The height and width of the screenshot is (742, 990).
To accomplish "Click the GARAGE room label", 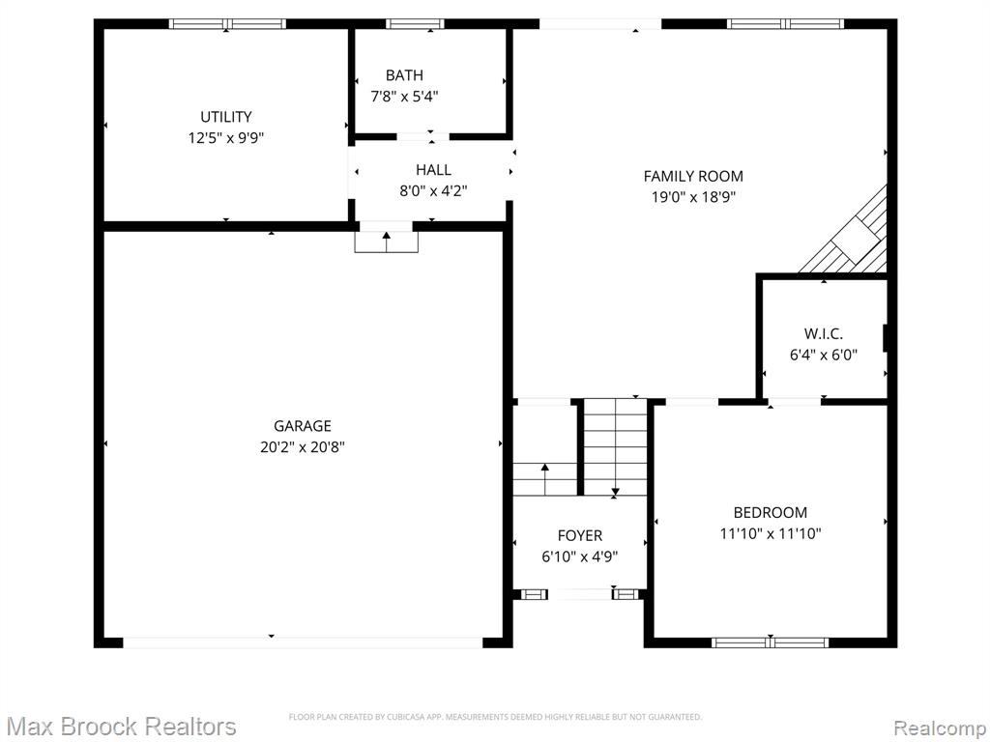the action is pos(302,426).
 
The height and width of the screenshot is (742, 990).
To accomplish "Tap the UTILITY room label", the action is pos(226,117).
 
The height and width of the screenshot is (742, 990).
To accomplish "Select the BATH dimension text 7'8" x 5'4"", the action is pos(404,97).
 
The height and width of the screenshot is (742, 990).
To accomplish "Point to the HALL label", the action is pos(433,170).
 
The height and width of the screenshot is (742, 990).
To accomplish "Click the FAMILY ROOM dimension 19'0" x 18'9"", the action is pos(693,197).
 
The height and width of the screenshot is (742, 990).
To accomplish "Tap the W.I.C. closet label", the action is pos(824,333).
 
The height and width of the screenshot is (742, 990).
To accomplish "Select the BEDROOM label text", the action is pos(771,512).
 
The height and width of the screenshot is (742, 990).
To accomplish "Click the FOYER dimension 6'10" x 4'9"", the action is pos(580,556).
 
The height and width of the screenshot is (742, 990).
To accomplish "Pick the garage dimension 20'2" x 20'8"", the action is pos(303,447).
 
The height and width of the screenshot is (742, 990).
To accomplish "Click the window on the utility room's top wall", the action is pos(227,24).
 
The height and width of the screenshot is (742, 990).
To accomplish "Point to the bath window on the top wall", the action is pos(415,24).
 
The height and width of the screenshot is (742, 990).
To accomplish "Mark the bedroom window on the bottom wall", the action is pos(771,642).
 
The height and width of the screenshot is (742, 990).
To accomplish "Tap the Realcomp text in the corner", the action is pos(940,728).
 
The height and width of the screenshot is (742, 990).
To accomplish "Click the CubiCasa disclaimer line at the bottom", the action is pos(495,717).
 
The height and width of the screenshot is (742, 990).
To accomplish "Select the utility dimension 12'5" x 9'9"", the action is pos(226,138).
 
